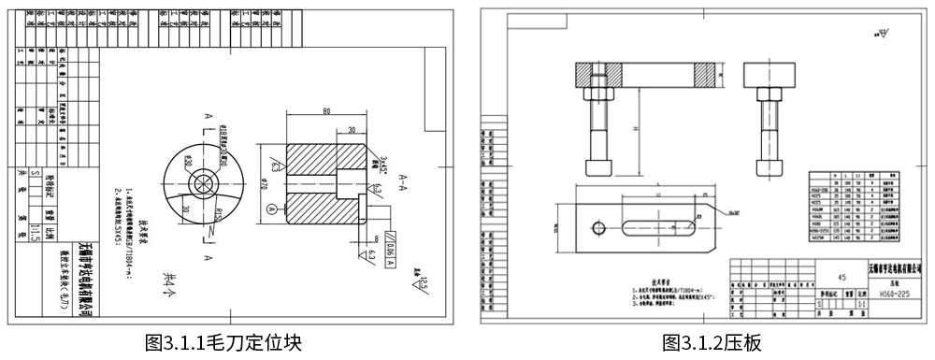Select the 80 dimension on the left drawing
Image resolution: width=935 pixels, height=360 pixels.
[x=325, y=111]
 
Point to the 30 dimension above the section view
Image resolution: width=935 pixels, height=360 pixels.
[x=354, y=130]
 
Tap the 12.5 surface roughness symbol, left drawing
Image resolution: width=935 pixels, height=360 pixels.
[x=421, y=280]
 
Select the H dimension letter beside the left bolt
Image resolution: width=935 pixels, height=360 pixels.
[x=634, y=128]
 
